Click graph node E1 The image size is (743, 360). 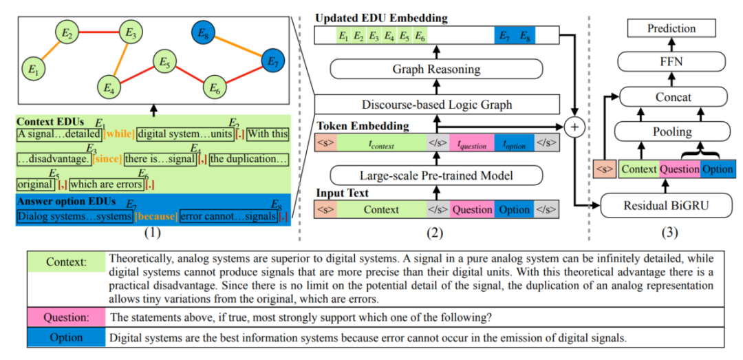pos(32,68)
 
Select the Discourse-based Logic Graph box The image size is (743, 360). pos(436,105)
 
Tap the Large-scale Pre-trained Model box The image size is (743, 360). pos(436,175)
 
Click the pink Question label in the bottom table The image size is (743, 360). pos(66,318)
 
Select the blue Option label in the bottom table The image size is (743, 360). pos(66,338)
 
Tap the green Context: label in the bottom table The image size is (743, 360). pos(66,262)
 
